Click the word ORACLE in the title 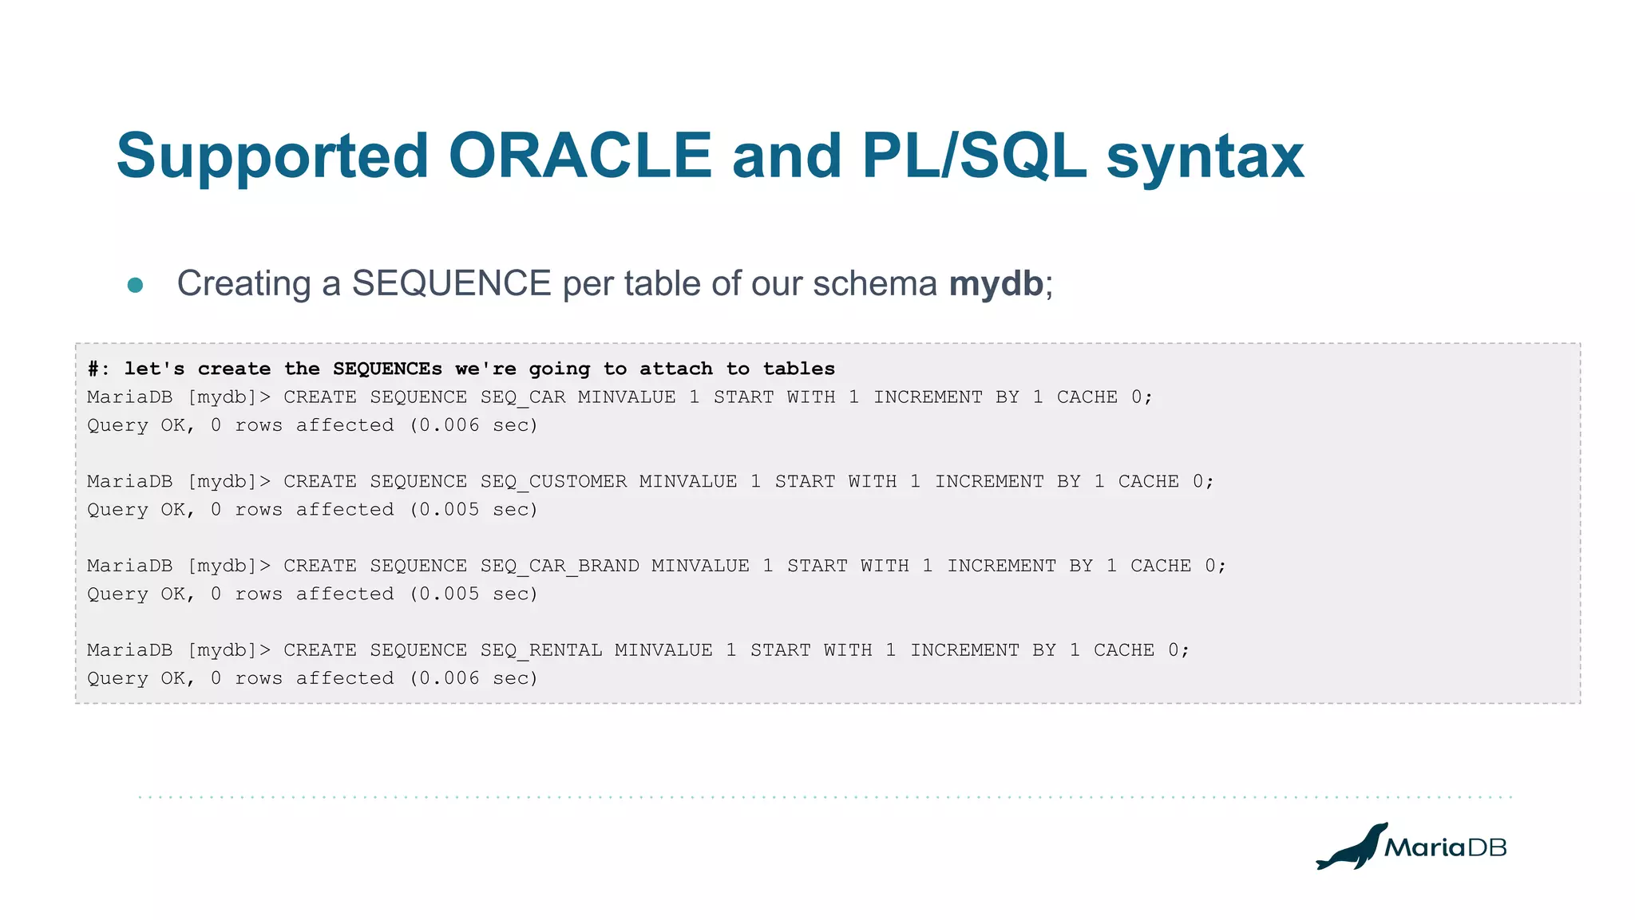pyautogui.click(x=580, y=156)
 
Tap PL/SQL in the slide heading pyautogui.click(x=974, y=156)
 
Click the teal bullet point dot pyautogui.click(x=135, y=285)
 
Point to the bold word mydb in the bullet pyautogui.click(x=996, y=283)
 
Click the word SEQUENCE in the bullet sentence pyautogui.click(x=451, y=283)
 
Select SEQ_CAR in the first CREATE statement pyautogui.click(x=523, y=397)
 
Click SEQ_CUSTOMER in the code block pyautogui.click(x=553, y=482)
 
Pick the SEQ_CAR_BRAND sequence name pyautogui.click(x=560, y=567)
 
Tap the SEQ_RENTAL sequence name pyautogui.click(x=541, y=650)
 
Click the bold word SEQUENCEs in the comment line pyautogui.click(x=387, y=369)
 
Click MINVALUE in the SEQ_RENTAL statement pyautogui.click(x=663, y=650)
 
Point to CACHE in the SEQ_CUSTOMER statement pyautogui.click(x=1148, y=482)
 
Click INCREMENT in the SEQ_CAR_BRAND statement pyautogui.click(x=1001, y=567)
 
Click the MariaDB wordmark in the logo pyautogui.click(x=1445, y=847)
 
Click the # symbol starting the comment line pyautogui.click(x=93, y=369)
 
